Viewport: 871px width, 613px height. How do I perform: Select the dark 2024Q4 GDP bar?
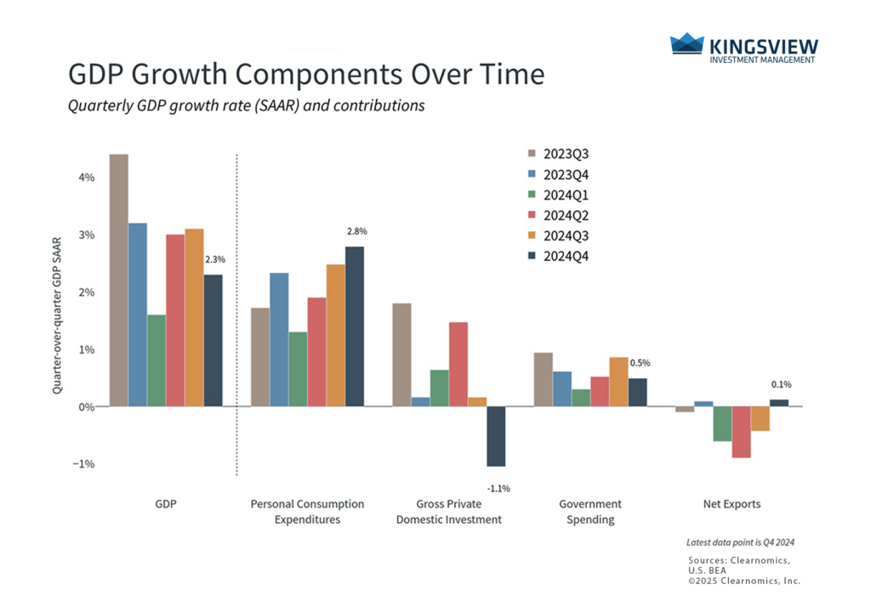[x=213, y=340]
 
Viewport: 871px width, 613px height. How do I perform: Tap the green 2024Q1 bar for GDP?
[x=157, y=360]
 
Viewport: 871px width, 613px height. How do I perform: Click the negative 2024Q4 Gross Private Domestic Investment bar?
[x=496, y=436]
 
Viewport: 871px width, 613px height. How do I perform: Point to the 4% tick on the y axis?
[x=86, y=178]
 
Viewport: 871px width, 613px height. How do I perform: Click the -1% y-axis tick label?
[x=84, y=464]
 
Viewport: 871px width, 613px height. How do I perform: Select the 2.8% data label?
[x=356, y=231]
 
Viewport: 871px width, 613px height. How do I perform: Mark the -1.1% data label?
[x=498, y=489]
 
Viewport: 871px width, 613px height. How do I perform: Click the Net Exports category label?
[x=732, y=504]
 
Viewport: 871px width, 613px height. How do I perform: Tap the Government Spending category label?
[x=589, y=512]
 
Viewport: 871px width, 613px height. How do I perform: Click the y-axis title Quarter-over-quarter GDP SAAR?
[x=57, y=314]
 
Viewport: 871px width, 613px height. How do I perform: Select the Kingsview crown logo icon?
[x=686, y=44]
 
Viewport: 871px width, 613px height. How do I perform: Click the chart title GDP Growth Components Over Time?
[x=305, y=75]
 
